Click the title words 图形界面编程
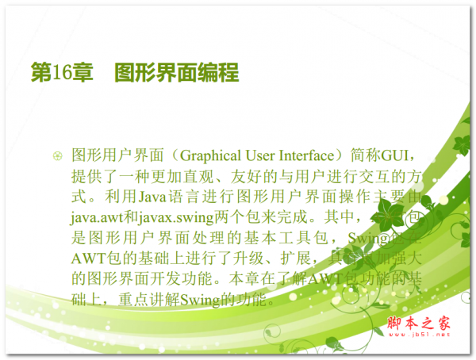176,74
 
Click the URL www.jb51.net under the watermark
419,335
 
